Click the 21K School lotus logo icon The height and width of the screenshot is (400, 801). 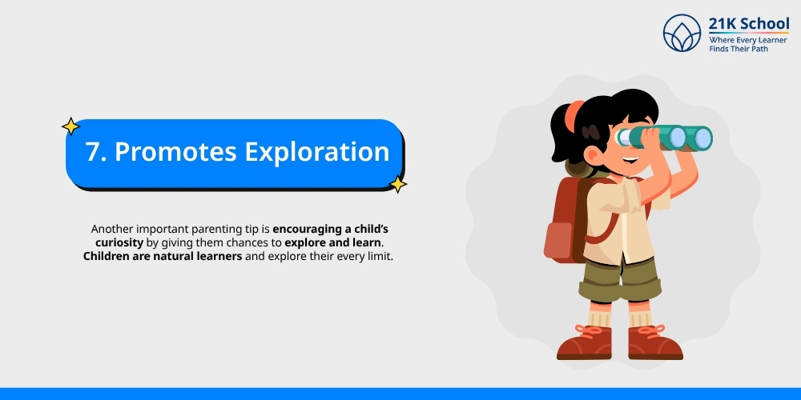pyautogui.click(x=682, y=34)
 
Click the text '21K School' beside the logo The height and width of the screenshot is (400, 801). pyautogui.click(x=748, y=23)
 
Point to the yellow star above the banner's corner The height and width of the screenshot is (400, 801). pyautogui.click(x=70, y=126)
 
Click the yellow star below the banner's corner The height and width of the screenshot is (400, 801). pyautogui.click(x=397, y=185)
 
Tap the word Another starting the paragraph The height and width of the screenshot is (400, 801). pyautogui.click(x=115, y=228)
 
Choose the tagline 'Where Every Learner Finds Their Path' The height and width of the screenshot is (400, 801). pyautogui.click(x=748, y=44)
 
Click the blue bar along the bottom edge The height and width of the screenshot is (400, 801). pyautogui.click(x=400, y=394)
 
